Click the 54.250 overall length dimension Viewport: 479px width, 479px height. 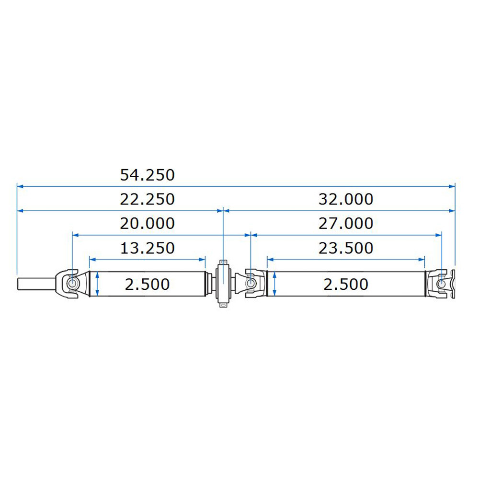147,175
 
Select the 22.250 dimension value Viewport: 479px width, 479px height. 147,199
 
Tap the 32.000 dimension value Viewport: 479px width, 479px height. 346,199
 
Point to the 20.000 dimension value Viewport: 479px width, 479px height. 147,224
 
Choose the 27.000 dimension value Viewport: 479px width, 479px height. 346,224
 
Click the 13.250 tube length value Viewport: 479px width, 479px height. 147,248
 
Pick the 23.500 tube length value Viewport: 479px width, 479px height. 346,248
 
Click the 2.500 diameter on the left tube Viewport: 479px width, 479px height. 147,285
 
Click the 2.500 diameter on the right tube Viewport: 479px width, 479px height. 346,285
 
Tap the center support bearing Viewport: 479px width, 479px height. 223,284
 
